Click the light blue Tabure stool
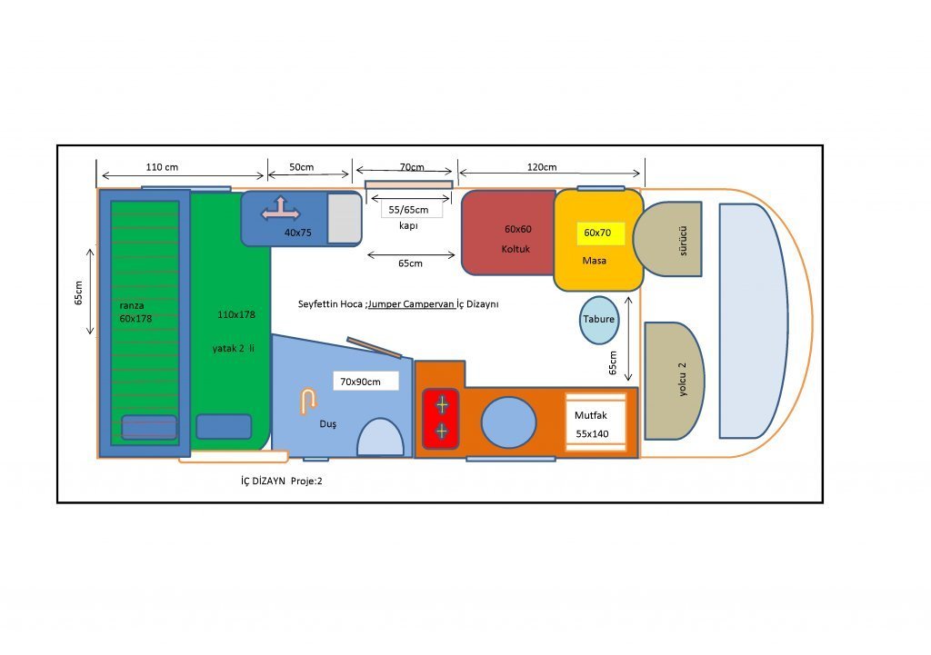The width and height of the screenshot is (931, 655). tap(598, 321)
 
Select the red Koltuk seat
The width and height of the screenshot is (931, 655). tap(508, 233)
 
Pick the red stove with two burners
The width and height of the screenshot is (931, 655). tap(441, 418)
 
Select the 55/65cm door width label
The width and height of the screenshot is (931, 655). tap(408, 209)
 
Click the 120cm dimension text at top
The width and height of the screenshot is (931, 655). tap(542, 167)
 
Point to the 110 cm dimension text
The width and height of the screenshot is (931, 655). tap(162, 167)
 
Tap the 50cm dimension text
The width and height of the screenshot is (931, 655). tap(301, 167)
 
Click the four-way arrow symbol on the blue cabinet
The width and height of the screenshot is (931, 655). tap(281, 211)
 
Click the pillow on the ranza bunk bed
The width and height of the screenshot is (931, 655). tap(148, 427)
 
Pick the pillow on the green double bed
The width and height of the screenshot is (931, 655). tap(224, 426)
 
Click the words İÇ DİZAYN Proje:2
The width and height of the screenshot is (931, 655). tap(275, 481)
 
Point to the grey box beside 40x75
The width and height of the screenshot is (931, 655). tap(344, 218)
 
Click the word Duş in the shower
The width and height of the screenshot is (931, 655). tap(327, 424)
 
